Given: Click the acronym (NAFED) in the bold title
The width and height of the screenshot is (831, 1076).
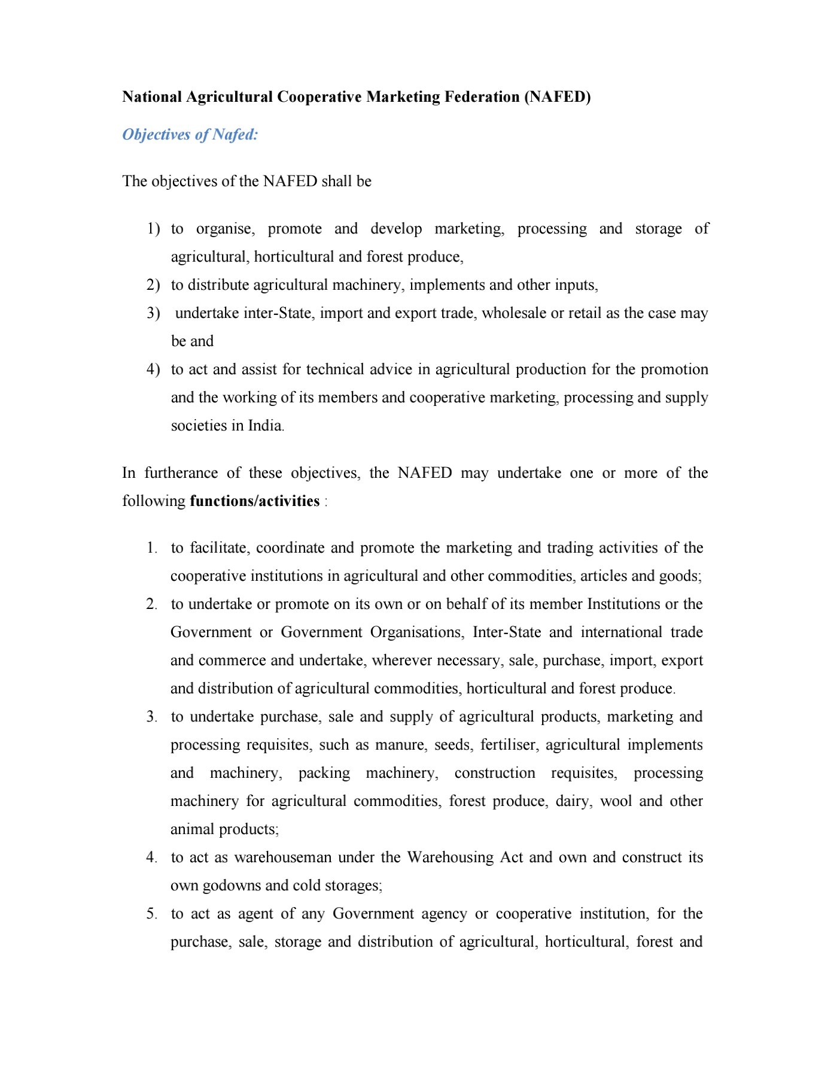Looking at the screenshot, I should coord(557,97).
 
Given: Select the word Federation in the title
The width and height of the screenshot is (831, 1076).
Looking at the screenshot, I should coord(482,97).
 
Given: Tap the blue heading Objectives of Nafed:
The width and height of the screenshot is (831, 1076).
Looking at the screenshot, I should coord(190,135).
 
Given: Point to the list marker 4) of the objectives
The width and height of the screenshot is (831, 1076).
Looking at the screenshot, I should coord(153,369).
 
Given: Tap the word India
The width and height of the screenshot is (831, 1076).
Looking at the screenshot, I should coord(264,426).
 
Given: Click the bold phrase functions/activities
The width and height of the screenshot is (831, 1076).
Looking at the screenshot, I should coord(254,501).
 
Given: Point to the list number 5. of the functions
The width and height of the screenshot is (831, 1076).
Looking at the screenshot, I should coord(151,914).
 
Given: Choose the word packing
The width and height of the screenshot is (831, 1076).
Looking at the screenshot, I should coord(324,773).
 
